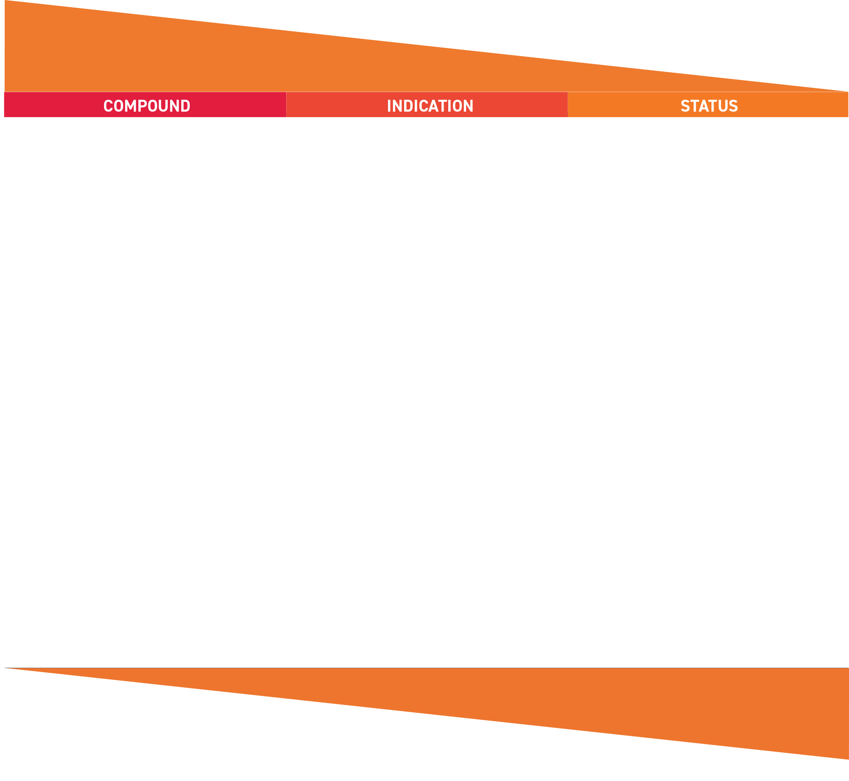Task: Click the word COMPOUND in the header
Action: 147,106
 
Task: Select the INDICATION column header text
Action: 430,106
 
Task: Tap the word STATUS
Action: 709,106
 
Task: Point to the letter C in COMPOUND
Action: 108,106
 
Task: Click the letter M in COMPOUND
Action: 131,106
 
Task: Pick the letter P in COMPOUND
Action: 143,106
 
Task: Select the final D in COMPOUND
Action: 186,106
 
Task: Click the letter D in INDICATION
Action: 408,106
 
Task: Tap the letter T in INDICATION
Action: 444,106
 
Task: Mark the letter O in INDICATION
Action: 457,106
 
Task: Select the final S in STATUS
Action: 734,106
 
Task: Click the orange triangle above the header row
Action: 212,55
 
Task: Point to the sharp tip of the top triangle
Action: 848,91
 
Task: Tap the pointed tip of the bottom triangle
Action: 5,668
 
